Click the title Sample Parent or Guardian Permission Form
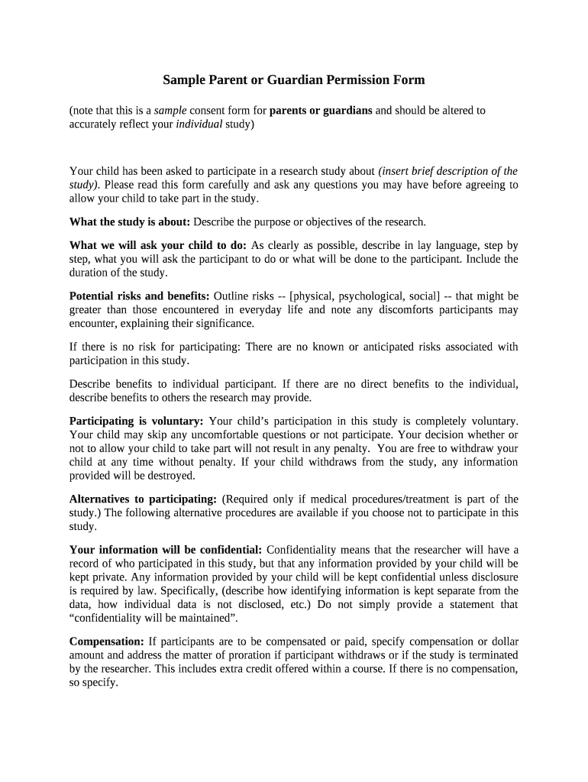[x=294, y=79]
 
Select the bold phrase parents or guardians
[x=321, y=110]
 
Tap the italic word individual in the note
[x=199, y=124]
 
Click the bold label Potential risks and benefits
[x=140, y=296]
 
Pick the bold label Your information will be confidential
[x=166, y=549]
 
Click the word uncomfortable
[x=196, y=435]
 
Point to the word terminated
[x=489, y=654]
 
